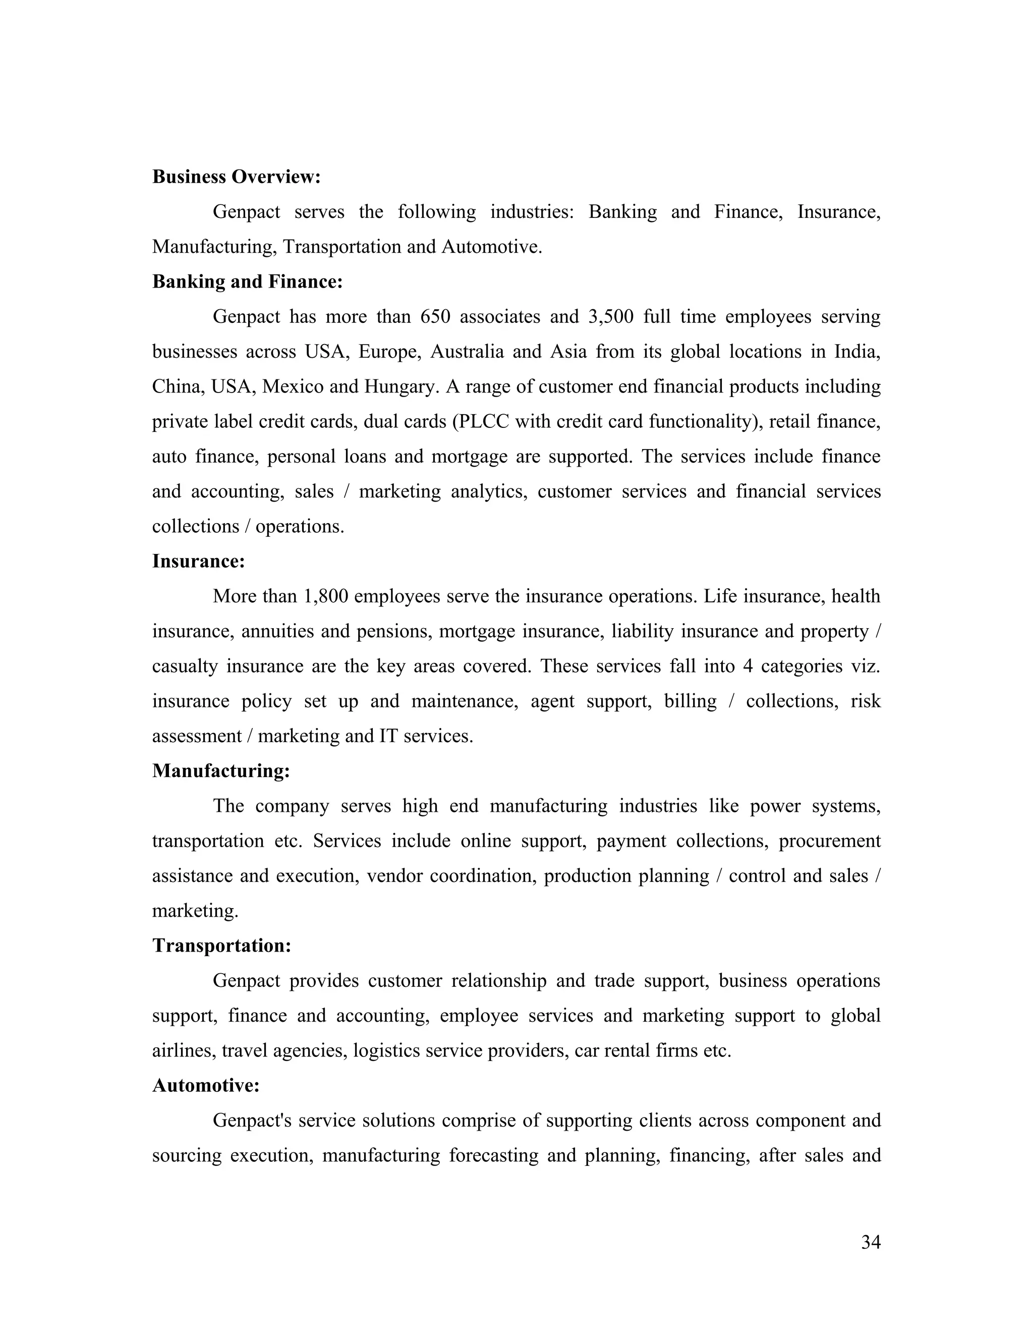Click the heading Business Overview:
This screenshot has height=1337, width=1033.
coord(236,177)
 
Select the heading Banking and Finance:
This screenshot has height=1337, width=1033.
coord(247,282)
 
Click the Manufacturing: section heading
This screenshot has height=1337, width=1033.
coord(221,771)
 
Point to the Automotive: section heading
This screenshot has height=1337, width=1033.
coord(206,1085)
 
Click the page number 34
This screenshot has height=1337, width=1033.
coord(870,1242)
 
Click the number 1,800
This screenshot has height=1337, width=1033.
coord(325,596)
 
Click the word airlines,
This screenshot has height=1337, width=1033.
coord(184,1050)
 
